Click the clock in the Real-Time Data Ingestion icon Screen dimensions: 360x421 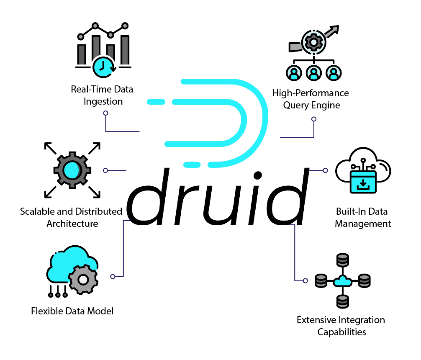103,66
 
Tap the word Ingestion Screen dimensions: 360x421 103,101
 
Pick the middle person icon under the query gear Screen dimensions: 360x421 313,73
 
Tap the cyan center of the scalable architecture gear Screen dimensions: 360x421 72,170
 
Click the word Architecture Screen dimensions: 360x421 72,223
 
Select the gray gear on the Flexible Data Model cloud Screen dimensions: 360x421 83,279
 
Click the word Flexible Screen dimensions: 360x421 46,311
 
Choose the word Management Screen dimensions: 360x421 363,224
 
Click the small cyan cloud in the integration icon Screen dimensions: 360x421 342,281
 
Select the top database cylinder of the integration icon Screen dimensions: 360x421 342,260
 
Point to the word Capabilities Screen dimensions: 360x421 341,332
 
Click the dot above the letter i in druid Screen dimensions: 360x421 258,175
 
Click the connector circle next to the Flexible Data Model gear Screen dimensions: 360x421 112,276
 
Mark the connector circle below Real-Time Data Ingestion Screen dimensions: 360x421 105,113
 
